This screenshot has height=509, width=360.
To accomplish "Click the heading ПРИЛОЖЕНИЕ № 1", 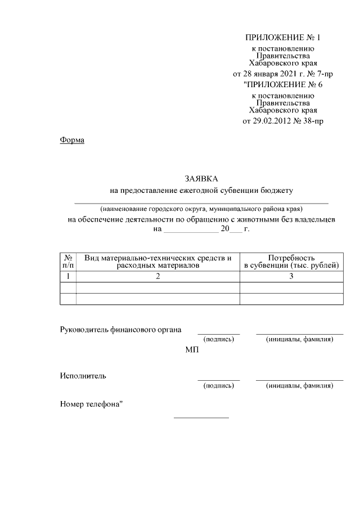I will tap(282, 38).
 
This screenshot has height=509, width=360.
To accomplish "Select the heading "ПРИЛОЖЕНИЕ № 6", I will tap(282, 85).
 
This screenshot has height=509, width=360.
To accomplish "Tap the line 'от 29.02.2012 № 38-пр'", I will tap(282, 120).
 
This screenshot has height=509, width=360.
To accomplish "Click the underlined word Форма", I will tap(72, 139).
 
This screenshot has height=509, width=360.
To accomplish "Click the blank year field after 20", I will tap(237, 230).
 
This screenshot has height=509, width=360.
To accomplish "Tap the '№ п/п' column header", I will tap(67, 261).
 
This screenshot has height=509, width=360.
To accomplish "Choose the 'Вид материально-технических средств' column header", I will tap(158, 261).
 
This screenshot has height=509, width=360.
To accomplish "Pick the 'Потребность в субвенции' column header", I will tap(291, 261).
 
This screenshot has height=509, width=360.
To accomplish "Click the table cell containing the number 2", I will tap(158, 276).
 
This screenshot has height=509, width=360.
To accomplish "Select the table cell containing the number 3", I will tap(291, 276).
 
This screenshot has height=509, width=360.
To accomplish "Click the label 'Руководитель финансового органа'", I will tap(120, 330).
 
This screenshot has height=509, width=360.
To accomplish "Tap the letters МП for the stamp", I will tap(192, 350).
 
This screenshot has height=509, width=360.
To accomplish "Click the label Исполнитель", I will tap(83, 376).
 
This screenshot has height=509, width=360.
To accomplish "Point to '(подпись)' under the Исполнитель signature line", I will tap(218, 386).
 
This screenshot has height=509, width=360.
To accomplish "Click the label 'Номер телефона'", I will tap(91, 404).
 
